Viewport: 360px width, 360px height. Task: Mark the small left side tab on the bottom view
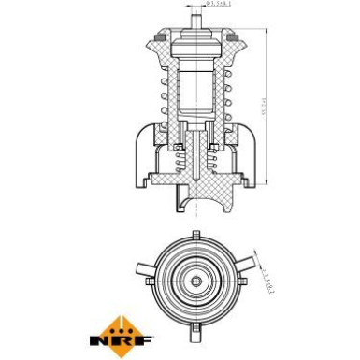click(148, 280)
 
